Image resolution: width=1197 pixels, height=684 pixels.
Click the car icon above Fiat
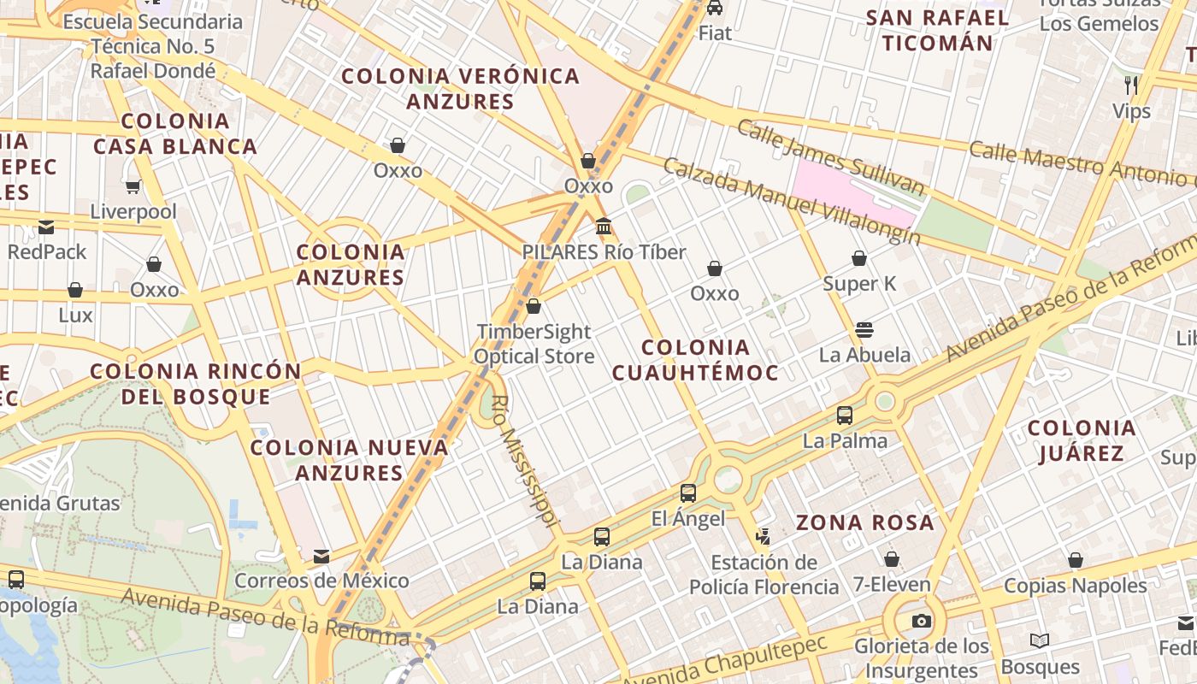pyautogui.click(x=715, y=8)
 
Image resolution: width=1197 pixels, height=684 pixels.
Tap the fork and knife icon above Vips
pyautogui.click(x=1131, y=85)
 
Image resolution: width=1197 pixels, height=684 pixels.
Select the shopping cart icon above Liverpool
pyautogui.click(x=133, y=186)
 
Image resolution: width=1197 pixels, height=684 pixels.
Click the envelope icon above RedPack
pyautogui.click(x=46, y=227)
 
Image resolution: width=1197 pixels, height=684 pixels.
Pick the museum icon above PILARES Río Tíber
pyautogui.click(x=604, y=227)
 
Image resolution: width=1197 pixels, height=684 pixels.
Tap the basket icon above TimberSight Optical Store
pyautogui.click(x=534, y=306)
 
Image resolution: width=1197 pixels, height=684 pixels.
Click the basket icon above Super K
pyautogui.click(x=859, y=258)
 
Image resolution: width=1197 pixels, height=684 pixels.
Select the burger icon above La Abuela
pyautogui.click(x=864, y=330)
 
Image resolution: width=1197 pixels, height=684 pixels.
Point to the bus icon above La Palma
pyautogui.click(x=845, y=416)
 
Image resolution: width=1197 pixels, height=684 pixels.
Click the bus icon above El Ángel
pyautogui.click(x=688, y=492)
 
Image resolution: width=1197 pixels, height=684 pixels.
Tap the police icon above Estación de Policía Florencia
pyautogui.click(x=763, y=537)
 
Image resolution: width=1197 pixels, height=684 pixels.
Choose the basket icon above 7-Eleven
pyautogui.click(x=892, y=559)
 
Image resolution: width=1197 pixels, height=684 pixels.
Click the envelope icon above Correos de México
pyautogui.click(x=321, y=556)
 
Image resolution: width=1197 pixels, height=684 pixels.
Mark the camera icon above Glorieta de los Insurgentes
pyautogui.click(x=921, y=621)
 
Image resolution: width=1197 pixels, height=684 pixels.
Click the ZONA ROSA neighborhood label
pyautogui.click(x=865, y=522)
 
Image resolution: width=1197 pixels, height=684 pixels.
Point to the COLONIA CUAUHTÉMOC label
pyautogui.click(x=695, y=360)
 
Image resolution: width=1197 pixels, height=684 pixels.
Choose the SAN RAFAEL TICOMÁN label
pyautogui.click(x=938, y=30)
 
